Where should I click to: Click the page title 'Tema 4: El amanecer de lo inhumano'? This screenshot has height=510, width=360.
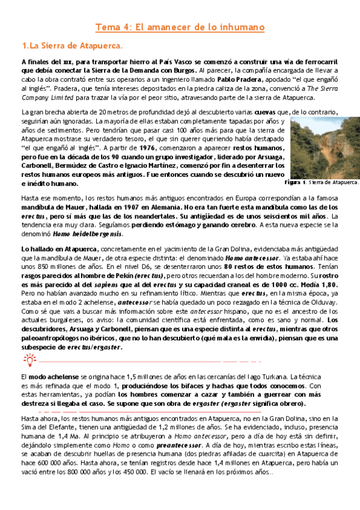pyautogui.click(x=180, y=27)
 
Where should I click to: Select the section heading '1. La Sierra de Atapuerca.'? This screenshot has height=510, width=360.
pyautogui.click(x=72, y=46)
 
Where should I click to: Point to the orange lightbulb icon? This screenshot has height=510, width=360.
pyautogui.click(x=29, y=360)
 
